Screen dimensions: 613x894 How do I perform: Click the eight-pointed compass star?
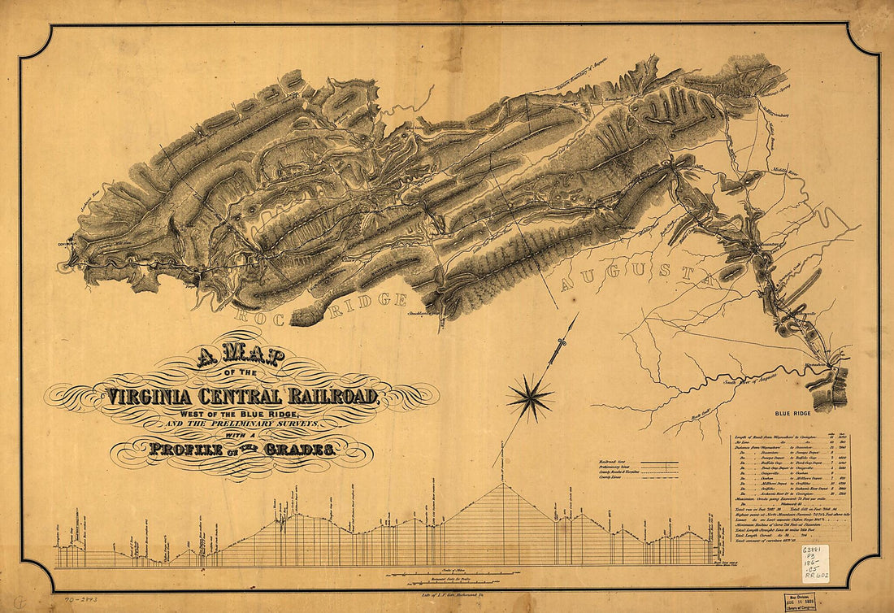(530, 398)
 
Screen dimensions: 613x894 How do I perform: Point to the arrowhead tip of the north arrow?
(577, 315)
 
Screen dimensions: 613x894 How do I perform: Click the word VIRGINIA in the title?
(158, 398)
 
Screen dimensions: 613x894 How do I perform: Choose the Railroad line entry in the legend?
(636, 463)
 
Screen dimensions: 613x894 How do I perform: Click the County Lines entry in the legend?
(636, 480)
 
